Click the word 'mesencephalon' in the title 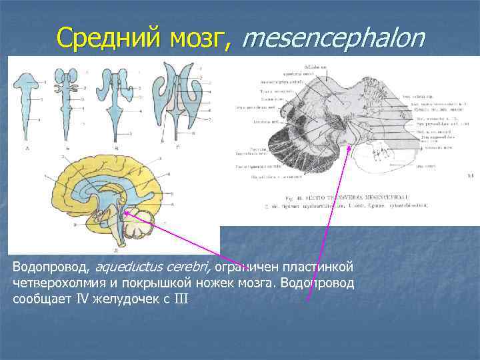point(333,38)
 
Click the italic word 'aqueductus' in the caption point(127,268)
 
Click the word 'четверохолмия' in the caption point(59,283)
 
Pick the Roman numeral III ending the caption point(181,299)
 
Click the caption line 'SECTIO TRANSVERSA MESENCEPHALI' point(353,198)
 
